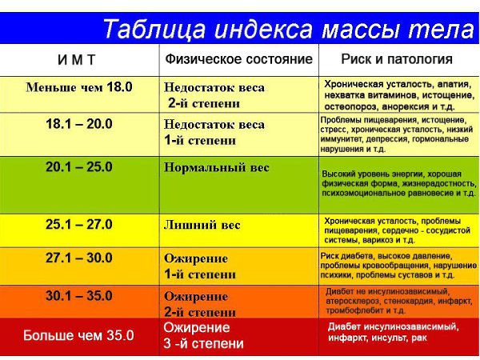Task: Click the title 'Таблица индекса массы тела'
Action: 288,29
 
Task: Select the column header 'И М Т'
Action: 77,60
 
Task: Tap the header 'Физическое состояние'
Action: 238,58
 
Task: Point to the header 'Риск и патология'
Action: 397,59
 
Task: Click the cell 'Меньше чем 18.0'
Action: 79,87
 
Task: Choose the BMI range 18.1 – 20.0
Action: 79,124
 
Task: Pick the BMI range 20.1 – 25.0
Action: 79,167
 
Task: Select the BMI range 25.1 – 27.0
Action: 79,224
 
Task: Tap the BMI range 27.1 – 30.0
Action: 79,258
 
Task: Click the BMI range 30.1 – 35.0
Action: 79,296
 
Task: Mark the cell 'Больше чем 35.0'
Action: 78,335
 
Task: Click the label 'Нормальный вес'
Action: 217,168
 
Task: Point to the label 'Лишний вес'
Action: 202,225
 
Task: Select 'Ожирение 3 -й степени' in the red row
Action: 204,335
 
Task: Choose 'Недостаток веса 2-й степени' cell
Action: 214,95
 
